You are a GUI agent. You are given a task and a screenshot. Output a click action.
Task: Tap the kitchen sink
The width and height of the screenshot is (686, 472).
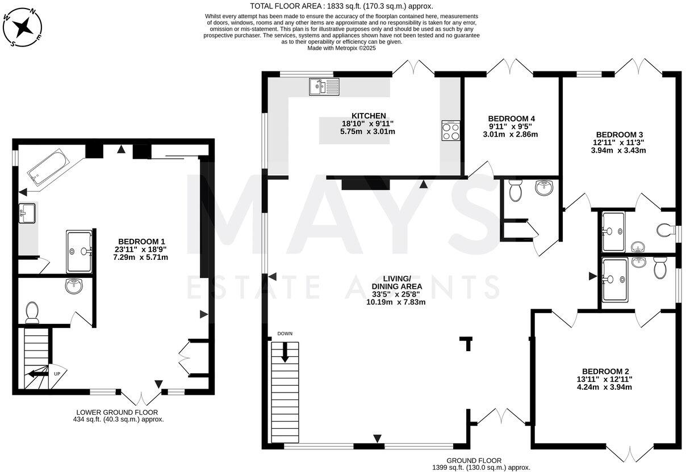[x=324, y=86]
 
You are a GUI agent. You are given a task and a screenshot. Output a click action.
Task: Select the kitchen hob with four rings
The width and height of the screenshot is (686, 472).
[x=450, y=131]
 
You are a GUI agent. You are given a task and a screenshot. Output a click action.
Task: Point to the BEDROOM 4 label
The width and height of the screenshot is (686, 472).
[x=512, y=119]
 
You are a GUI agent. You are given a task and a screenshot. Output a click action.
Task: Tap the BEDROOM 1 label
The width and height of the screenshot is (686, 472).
[x=134, y=241]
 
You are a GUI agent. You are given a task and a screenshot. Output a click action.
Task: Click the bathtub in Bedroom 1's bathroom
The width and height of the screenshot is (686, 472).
[x=48, y=165]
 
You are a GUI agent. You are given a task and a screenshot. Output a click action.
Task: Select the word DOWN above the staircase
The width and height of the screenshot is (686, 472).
[x=285, y=334]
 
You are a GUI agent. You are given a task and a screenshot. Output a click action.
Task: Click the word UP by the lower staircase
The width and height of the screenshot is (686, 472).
[x=56, y=374]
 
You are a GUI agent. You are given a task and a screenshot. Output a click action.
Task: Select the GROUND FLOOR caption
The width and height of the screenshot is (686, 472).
[x=474, y=461]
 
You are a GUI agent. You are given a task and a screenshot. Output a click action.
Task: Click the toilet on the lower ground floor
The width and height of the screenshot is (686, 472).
[x=32, y=311]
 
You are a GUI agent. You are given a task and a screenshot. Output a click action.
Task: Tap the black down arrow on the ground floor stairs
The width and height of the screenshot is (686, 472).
[x=285, y=352]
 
